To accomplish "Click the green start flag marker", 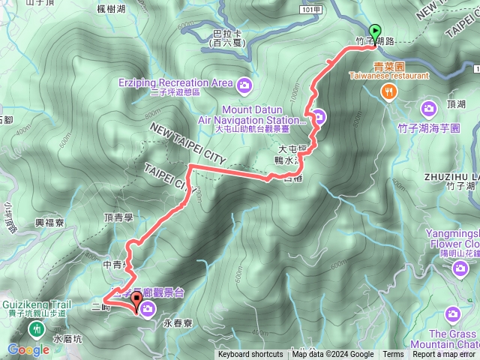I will pyautogui.click(x=376, y=34).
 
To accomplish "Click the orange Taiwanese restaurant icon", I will pyautogui.click(x=388, y=91).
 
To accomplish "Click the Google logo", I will pyautogui.click(x=28, y=349).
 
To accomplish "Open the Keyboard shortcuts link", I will pyautogui.click(x=250, y=355).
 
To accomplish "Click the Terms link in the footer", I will pyautogui.click(x=393, y=355).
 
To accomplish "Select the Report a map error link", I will pyautogui.click(x=444, y=355).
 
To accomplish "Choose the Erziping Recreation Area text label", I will pyautogui.click(x=173, y=82).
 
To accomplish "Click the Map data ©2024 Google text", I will pyautogui.click(x=333, y=355).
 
